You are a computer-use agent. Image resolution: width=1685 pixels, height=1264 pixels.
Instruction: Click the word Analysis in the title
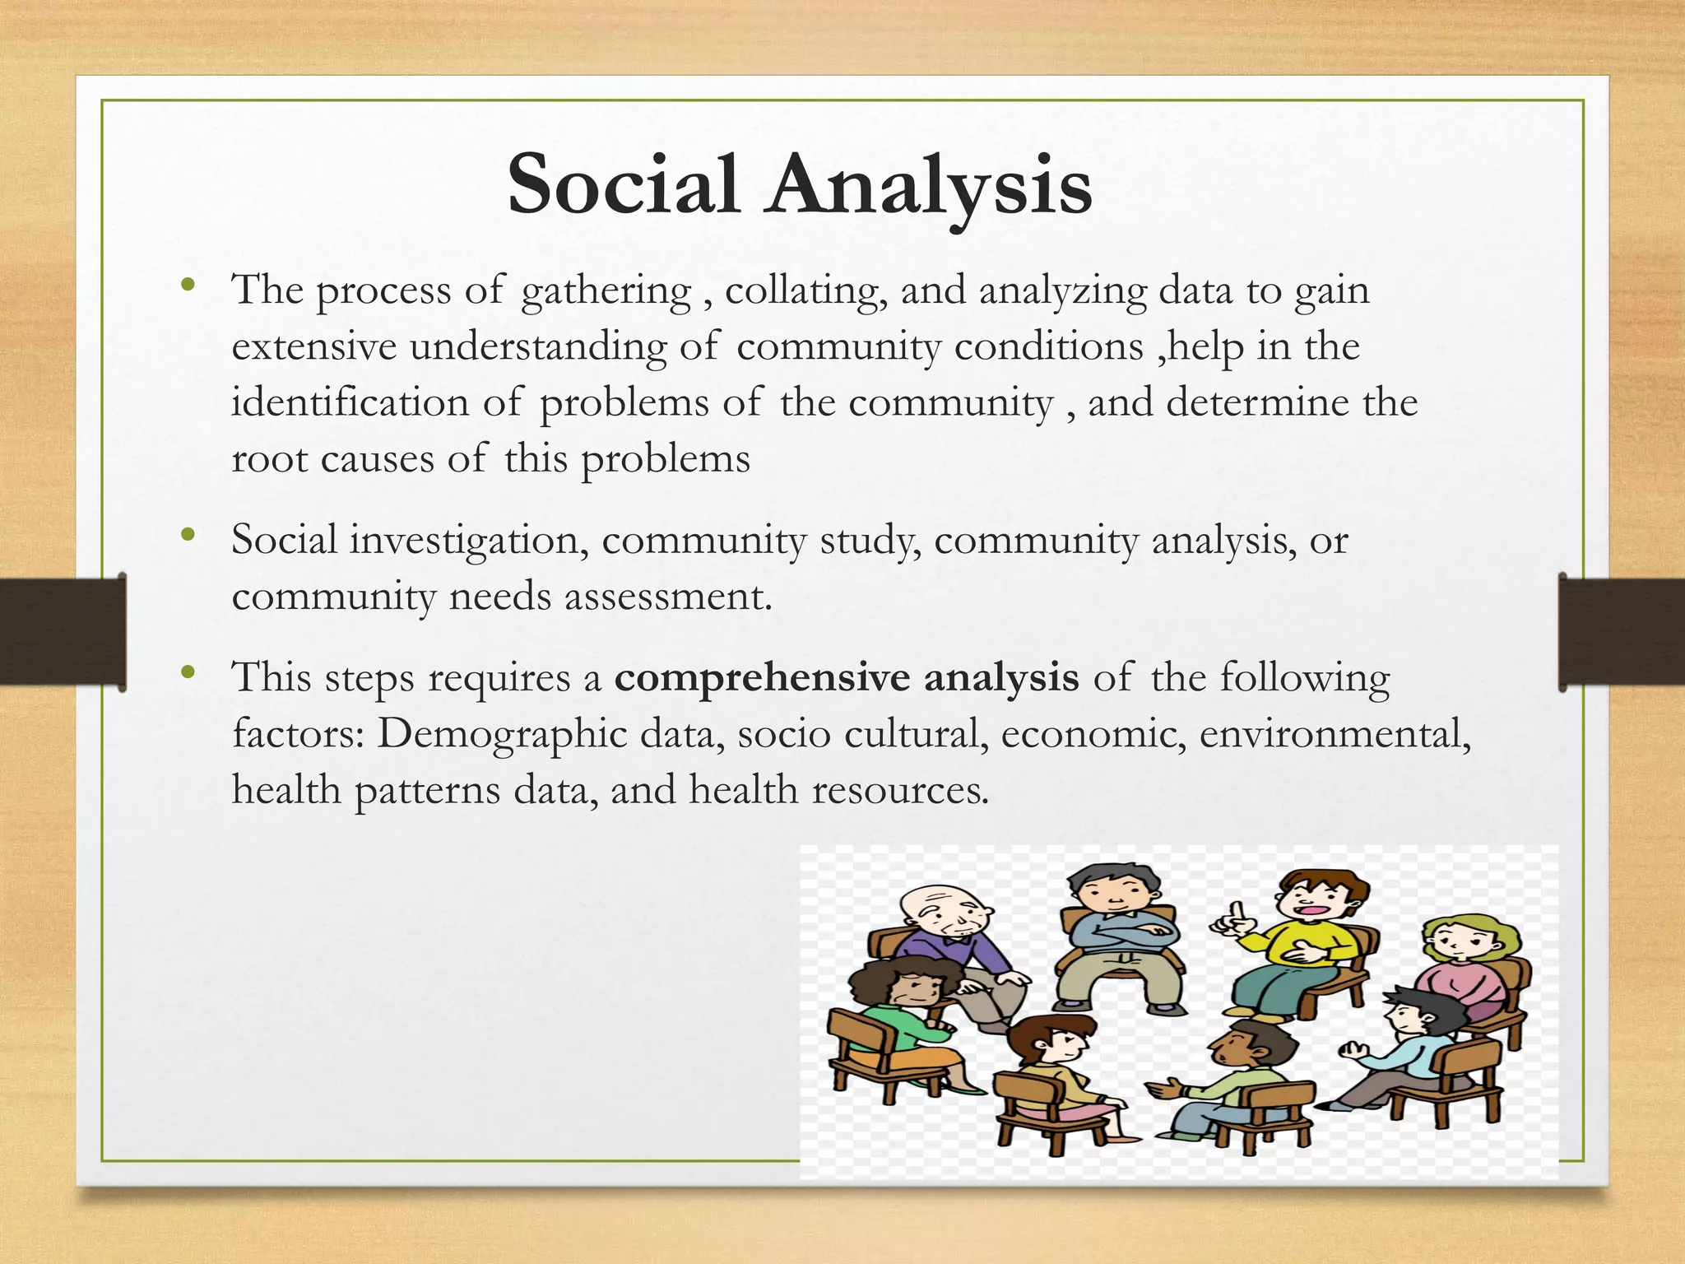coord(930,185)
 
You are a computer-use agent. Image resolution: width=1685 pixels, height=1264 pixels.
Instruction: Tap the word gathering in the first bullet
coord(606,291)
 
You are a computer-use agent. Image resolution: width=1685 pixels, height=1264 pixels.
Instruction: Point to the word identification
coord(350,403)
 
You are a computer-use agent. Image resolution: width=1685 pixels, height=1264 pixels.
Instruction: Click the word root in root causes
coord(269,459)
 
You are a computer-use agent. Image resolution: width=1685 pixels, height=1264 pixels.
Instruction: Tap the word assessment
coord(667,596)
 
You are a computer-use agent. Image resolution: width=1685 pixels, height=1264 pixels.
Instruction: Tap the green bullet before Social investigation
coord(188,535)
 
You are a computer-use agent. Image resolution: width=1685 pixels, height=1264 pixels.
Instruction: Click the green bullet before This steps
coord(188,672)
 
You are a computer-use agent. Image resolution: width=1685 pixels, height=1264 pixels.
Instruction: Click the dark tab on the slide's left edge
coord(63,631)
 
